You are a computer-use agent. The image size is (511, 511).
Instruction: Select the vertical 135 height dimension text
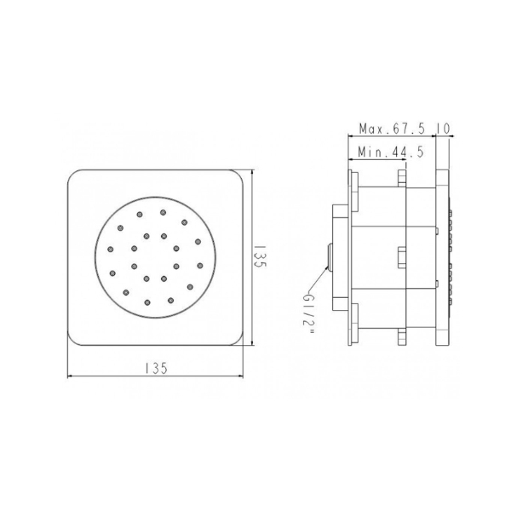(261, 258)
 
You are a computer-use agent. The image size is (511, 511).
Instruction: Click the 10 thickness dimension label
(443, 129)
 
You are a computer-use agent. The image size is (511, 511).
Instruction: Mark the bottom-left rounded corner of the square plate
(75, 339)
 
